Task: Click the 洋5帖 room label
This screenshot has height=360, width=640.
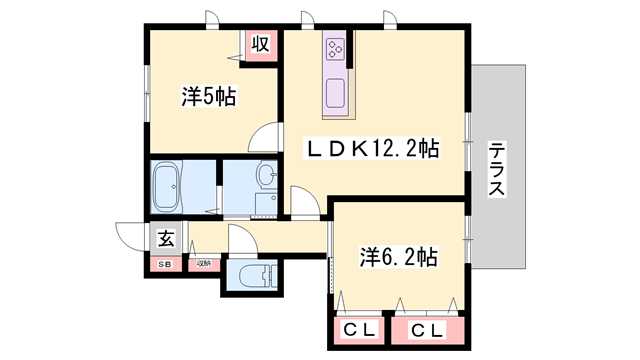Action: coord(208,97)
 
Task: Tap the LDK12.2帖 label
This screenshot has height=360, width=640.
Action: coord(372,149)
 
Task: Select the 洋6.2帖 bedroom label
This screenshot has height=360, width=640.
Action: coord(398,257)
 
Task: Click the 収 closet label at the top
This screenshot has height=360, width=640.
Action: coord(259,44)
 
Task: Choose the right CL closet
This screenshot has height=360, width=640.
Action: coord(428,328)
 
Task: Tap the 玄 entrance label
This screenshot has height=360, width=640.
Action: coord(162,239)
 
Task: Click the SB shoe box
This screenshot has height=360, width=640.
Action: coord(162,263)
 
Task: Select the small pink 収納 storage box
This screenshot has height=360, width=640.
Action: coord(203,263)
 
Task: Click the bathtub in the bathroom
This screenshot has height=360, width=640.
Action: coord(179,185)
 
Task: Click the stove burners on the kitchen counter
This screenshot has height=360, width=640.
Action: coord(335,47)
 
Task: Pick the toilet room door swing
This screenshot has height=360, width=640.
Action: coord(241,241)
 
